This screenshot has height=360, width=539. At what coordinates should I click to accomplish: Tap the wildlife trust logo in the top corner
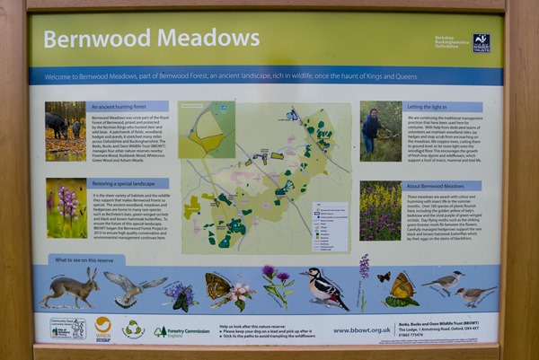point(482,42)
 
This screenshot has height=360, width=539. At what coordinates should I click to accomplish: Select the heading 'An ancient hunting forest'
point(128,106)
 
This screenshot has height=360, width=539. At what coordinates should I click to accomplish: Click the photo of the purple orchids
point(66,207)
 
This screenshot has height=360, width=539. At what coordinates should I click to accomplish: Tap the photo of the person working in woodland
point(380,130)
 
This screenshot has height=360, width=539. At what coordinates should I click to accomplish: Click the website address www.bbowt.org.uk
point(361,329)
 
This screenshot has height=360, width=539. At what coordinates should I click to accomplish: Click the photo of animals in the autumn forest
point(66,130)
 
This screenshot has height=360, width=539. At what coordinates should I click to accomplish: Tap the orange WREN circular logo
point(103,328)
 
